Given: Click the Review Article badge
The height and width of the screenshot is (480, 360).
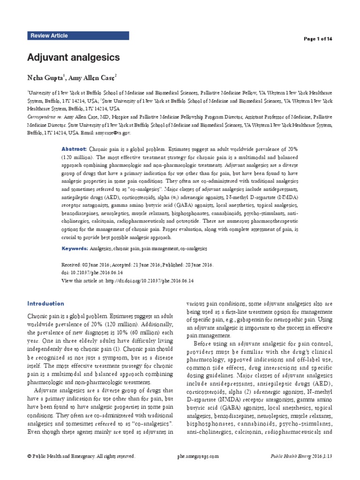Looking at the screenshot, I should click(x=49, y=36).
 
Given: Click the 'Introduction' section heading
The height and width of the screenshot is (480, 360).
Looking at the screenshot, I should click(x=45, y=303).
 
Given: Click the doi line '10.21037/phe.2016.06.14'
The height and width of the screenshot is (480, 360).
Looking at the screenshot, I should click(x=92, y=272).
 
